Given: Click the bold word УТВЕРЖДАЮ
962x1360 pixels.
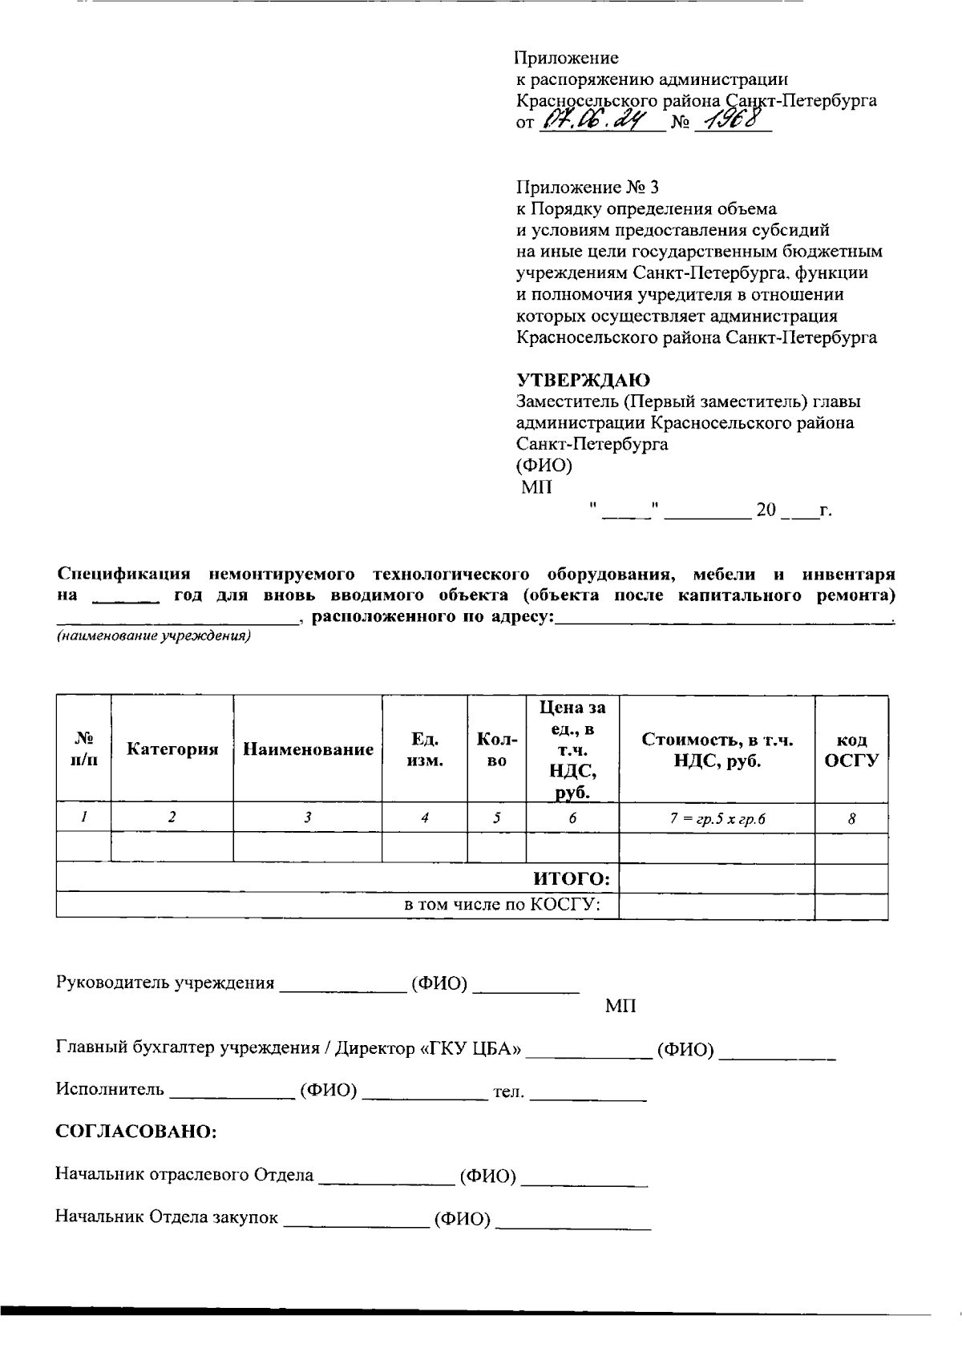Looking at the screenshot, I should (x=582, y=380).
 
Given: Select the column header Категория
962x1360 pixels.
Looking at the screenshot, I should (x=172, y=749).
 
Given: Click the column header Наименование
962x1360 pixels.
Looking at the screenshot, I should (x=308, y=749).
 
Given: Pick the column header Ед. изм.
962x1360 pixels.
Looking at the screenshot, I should (x=424, y=749).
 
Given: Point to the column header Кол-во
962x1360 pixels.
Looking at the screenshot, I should (x=496, y=749).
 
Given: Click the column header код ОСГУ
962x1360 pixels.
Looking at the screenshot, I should (x=851, y=750).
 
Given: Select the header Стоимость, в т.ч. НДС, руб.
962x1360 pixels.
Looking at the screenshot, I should (x=717, y=750).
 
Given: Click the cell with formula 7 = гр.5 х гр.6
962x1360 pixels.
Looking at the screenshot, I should (x=717, y=819).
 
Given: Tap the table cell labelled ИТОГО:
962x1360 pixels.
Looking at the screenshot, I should (x=572, y=879).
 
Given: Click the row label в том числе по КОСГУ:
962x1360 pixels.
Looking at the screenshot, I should (x=510, y=906).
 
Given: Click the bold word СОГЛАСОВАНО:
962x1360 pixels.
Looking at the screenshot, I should (x=135, y=1132).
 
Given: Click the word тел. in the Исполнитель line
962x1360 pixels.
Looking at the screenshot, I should (x=507, y=1091).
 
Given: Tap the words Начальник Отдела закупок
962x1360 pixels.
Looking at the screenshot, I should (x=167, y=1217).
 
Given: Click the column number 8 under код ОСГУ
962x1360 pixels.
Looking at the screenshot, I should (x=851, y=819).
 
